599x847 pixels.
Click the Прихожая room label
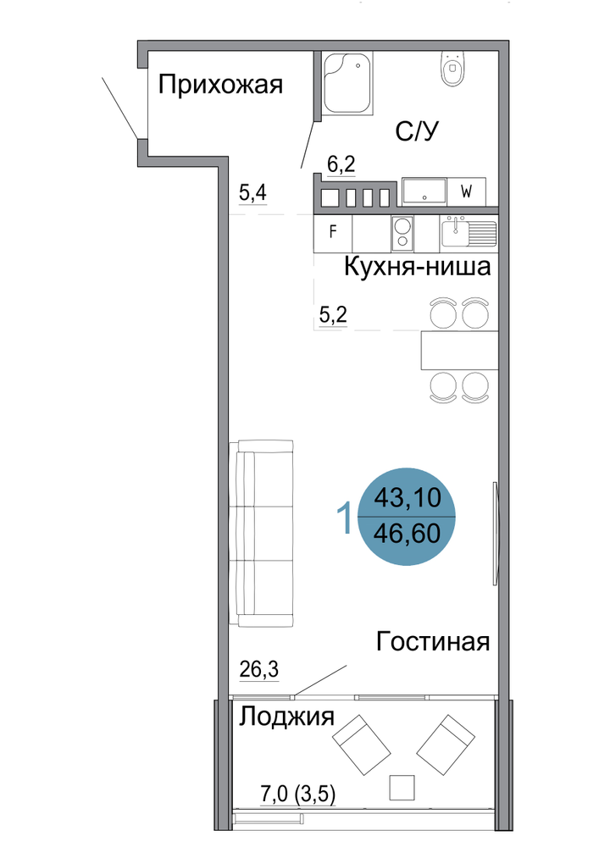[220, 86]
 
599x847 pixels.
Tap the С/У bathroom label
[417, 131]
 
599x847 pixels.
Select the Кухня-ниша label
[417, 266]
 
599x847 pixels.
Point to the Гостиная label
[433, 642]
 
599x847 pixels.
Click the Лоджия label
[287, 717]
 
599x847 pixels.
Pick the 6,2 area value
[341, 163]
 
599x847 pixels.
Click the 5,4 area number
[252, 192]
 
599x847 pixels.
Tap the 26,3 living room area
[259, 670]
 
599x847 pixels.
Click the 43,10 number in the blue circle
[408, 497]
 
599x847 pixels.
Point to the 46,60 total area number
[408, 533]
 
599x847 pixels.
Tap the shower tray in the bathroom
[348, 83]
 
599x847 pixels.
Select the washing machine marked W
[466, 191]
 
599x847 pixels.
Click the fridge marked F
[333, 233]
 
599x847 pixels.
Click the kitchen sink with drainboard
[469, 232]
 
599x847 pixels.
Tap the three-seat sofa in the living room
[262, 533]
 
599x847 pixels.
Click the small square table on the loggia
[402, 788]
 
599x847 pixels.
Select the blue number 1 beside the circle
[345, 517]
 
